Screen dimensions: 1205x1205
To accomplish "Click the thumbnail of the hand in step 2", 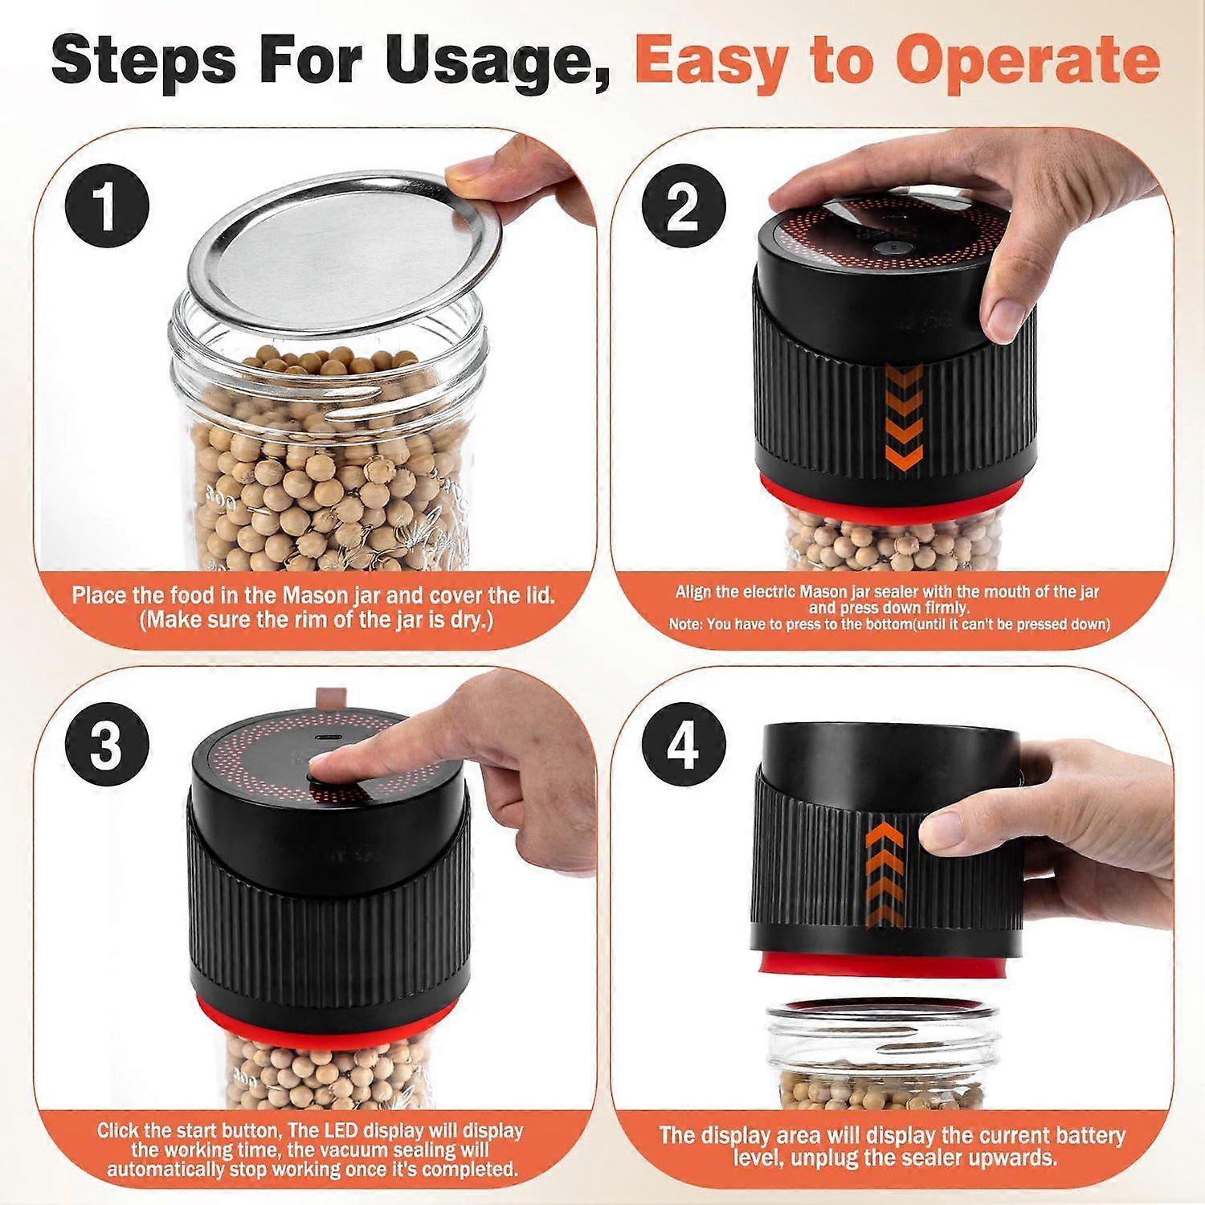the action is [x=1003, y=317].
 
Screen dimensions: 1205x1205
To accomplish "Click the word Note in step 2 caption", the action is [x=685, y=623].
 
